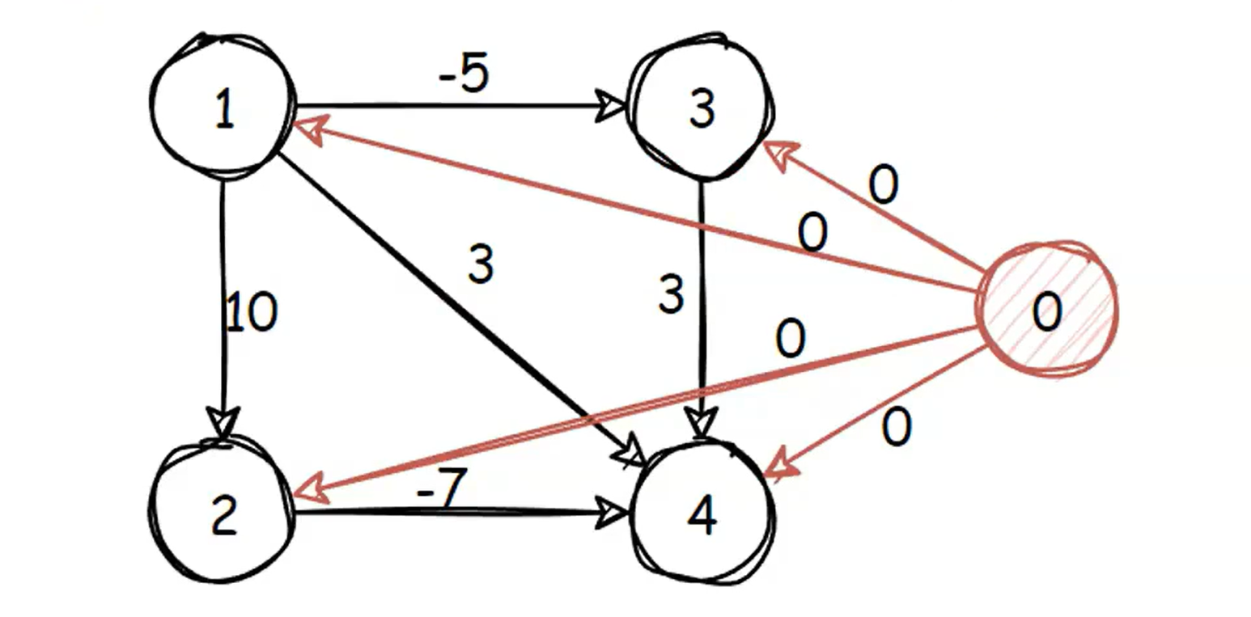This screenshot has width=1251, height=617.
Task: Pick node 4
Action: point(702,514)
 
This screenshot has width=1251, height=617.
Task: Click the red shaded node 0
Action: point(1048,310)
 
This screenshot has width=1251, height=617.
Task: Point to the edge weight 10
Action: point(252,312)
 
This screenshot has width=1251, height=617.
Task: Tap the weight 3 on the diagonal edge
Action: point(481,264)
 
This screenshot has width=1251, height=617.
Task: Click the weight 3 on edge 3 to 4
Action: point(671,295)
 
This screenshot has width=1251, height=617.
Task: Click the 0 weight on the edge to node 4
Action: point(896,429)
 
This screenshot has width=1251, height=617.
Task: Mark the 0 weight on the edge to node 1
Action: point(812,235)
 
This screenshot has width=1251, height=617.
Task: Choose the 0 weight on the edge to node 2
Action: point(791,340)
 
